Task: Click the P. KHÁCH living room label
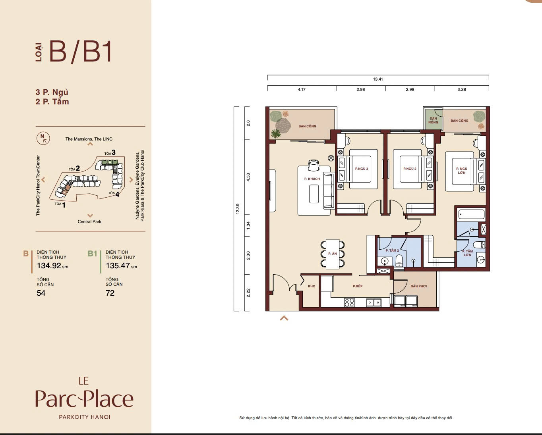(x=312, y=179)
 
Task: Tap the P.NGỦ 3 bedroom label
(x=362, y=169)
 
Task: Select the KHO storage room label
(x=312, y=286)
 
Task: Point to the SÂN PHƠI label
(x=419, y=286)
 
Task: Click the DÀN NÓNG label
(x=433, y=120)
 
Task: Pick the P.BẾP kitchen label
(x=358, y=286)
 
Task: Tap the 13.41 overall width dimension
(x=378, y=79)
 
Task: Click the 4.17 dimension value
(x=302, y=90)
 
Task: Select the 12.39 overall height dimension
(x=238, y=209)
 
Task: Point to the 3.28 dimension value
(x=461, y=90)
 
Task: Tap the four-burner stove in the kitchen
(x=349, y=302)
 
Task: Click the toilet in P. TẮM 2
(x=400, y=261)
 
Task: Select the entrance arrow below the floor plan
(x=284, y=318)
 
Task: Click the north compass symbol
(x=43, y=138)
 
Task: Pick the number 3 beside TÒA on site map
(x=114, y=152)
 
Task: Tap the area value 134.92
(x=49, y=266)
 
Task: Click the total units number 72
(x=110, y=293)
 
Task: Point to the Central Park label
(x=89, y=221)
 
